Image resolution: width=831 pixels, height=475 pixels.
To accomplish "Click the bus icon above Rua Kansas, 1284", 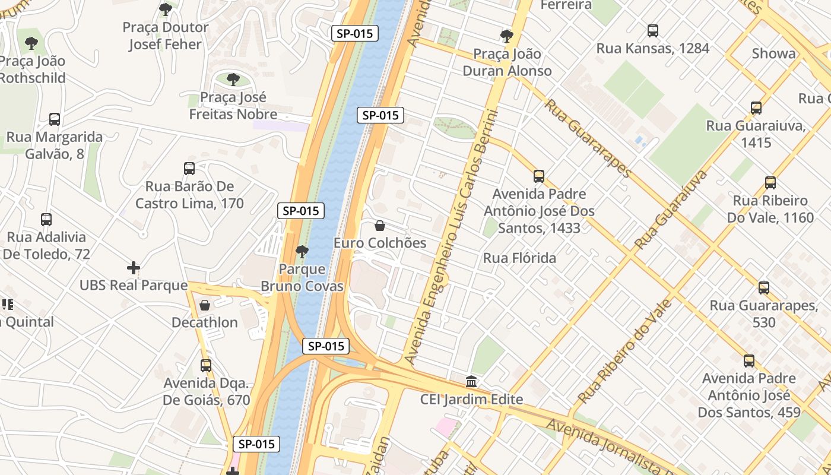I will click(653, 31).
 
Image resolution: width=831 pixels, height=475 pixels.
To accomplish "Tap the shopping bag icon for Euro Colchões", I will click(380, 226).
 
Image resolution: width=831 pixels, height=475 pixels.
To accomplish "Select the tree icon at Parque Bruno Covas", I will click(302, 252).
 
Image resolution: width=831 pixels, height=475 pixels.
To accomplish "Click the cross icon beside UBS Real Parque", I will click(134, 268).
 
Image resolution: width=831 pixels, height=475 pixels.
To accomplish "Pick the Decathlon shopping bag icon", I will click(205, 305).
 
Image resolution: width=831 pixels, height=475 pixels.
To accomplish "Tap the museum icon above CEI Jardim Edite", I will click(471, 381).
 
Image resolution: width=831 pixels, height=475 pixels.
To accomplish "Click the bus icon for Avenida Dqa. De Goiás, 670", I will click(206, 366).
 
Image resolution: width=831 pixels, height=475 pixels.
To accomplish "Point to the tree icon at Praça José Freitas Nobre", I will click(233, 80).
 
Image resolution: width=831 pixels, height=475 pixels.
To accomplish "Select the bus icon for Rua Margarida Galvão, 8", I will click(55, 119).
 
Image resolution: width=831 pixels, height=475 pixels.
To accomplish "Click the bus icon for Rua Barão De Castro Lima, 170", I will click(189, 169).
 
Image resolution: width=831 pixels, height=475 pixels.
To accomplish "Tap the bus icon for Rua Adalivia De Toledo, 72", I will click(46, 220).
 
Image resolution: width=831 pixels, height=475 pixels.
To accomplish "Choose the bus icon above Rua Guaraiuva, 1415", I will click(756, 108).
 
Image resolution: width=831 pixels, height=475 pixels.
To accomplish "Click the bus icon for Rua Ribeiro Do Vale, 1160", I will click(770, 183).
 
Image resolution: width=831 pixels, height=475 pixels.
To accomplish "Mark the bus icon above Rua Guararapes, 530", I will click(764, 288).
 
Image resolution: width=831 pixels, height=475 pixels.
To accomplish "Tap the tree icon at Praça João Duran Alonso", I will click(506, 36).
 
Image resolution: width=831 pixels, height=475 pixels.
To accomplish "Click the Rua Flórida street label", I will click(519, 258).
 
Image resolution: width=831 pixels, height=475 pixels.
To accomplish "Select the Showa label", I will click(773, 53).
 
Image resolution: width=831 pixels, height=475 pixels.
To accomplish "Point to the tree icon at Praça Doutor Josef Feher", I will click(166, 9).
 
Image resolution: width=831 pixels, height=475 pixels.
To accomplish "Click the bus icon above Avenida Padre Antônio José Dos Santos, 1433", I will click(539, 176).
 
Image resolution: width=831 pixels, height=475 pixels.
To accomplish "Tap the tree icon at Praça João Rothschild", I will click(31, 43).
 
